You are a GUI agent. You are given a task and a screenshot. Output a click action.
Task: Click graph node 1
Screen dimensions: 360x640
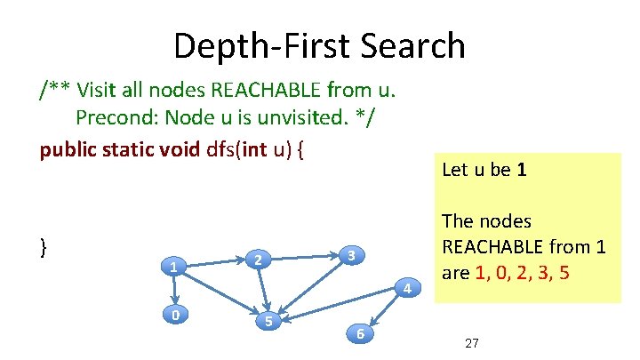click(174, 266)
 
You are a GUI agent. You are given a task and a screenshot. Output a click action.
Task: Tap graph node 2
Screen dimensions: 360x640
click(257, 260)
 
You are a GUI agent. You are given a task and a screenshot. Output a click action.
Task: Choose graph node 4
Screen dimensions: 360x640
click(406, 288)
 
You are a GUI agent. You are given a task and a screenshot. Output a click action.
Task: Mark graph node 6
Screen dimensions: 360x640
click(359, 333)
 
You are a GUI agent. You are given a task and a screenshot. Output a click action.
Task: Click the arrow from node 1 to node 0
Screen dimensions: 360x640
click(175, 290)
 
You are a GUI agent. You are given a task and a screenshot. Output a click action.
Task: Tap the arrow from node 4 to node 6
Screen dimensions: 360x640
click(384, 310)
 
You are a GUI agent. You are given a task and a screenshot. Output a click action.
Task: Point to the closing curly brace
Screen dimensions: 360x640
click(44, 247)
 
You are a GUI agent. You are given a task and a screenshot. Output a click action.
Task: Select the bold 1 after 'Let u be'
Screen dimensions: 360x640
click(522, 168)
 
